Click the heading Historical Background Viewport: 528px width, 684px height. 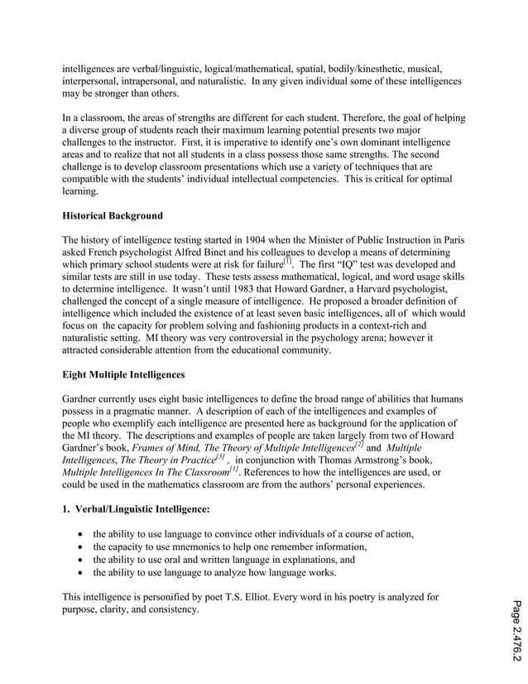coord(113,216)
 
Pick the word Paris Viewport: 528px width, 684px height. coord(450,240)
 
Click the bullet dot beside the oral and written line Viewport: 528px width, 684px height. coord(80,560)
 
